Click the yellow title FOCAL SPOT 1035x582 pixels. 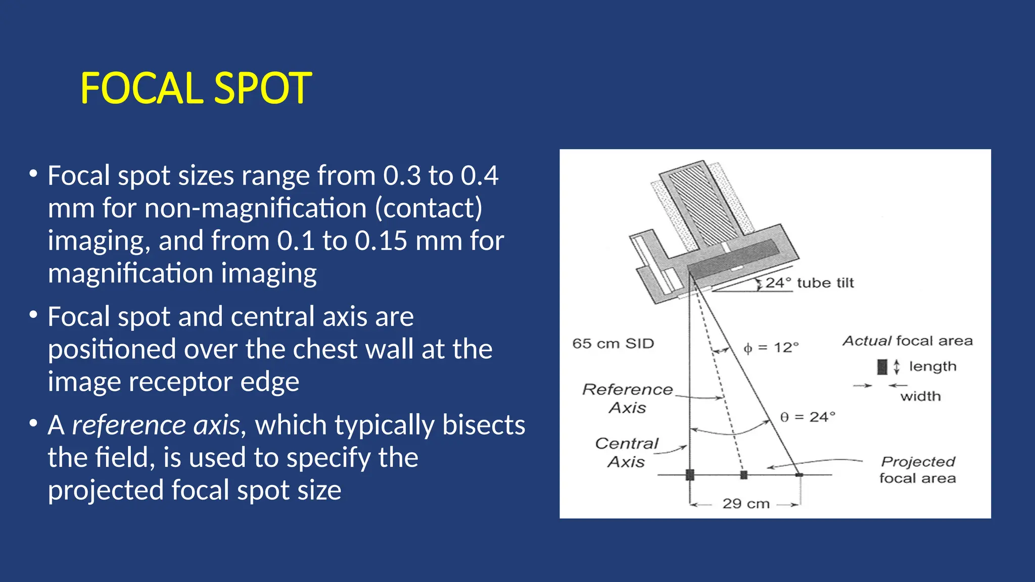196,88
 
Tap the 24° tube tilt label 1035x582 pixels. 809,283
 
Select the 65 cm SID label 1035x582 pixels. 613,344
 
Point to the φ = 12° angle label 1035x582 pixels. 771,348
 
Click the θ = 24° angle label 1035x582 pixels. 808,417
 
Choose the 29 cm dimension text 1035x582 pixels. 746,504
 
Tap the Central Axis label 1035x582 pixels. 627,452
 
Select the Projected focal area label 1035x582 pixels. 917,469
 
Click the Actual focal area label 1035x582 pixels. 908,341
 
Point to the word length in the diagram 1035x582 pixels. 932,366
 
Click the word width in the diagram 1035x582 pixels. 920,396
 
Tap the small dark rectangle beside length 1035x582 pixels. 882,367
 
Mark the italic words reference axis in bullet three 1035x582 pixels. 156,425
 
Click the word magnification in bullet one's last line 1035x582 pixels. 131,273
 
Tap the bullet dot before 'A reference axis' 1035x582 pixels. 33,423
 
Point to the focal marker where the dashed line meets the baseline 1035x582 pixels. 743,475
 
